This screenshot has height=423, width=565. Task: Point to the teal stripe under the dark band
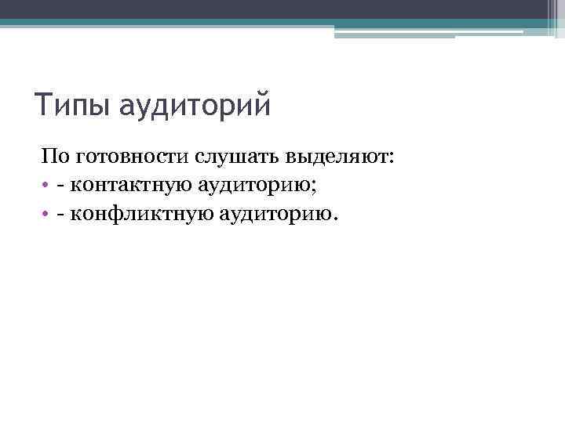point(157,23)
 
